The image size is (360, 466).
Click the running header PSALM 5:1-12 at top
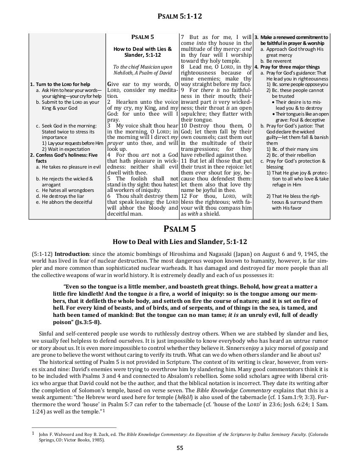coord(180,17)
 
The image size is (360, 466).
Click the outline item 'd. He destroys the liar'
coord(63,196)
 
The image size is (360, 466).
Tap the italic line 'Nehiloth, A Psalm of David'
coord(143,73)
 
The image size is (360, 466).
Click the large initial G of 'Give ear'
coord(110,83)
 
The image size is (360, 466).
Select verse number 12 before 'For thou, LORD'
coord(183,196)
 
